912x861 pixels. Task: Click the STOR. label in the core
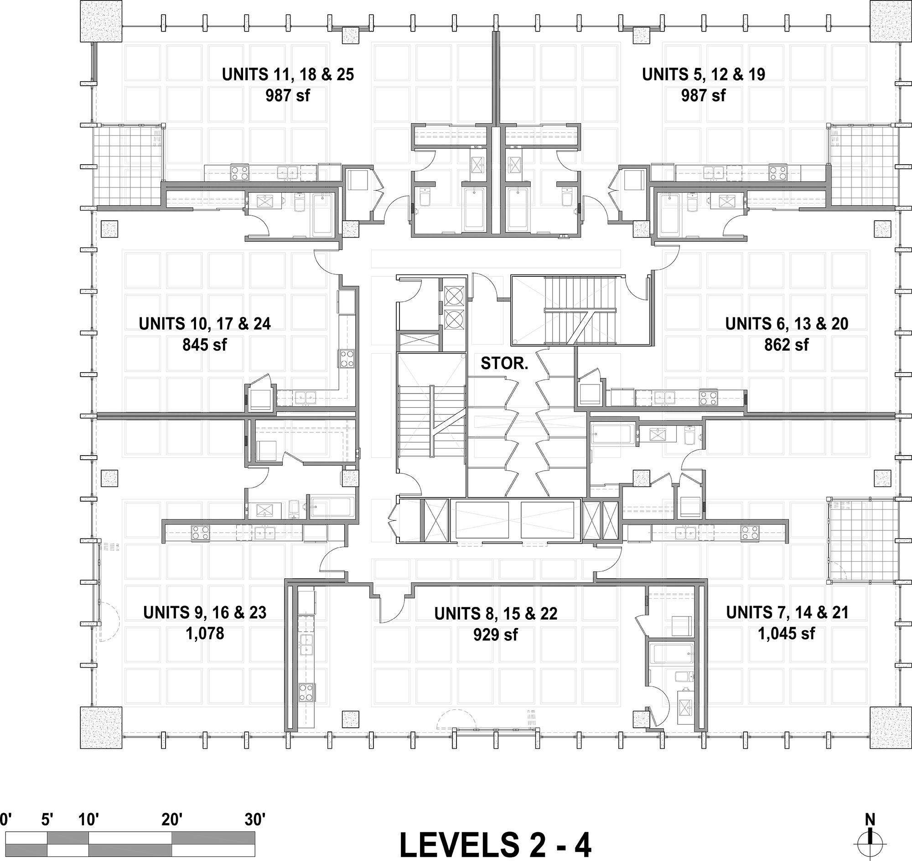[x=504, y=363]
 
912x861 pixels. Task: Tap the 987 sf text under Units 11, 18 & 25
[x=288, y=95]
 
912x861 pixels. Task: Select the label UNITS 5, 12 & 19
[x=704, y=74]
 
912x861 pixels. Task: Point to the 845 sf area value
[x=204, y=344]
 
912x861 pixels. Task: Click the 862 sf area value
[x=786, y=344]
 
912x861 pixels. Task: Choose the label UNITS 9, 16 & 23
[x=205, y=613]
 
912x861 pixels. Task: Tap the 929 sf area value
[x=496, y=635]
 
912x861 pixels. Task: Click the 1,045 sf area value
[x=786, y=634]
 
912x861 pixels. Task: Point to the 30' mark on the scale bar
[x=255, y=819]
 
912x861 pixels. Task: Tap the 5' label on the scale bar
[x=47, y=819]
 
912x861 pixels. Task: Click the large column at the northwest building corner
[x=101, y=21]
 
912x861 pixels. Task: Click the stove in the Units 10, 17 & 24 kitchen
[x=347, y=358]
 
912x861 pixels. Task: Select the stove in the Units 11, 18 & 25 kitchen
[x=239, y=172]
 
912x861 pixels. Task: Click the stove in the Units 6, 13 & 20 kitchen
[x=708, y=397]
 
